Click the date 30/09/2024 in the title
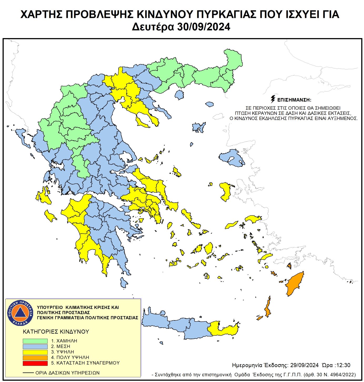point(204,27)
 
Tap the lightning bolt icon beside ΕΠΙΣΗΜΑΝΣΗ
point(273,99)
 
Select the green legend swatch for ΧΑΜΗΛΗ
point(35,341)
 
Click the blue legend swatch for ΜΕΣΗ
point(35,347)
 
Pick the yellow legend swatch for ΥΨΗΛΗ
point(35,352)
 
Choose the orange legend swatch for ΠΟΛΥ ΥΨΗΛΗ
point(35,358)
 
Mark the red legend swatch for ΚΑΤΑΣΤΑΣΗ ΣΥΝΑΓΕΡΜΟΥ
point(35,363)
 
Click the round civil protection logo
point(20,313)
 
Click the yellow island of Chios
point(225,191)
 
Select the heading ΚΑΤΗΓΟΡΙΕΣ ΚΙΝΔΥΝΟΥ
point(56,332)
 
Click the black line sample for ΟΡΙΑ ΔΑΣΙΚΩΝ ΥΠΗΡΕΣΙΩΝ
point(28,373)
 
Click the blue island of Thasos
point(179,95)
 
